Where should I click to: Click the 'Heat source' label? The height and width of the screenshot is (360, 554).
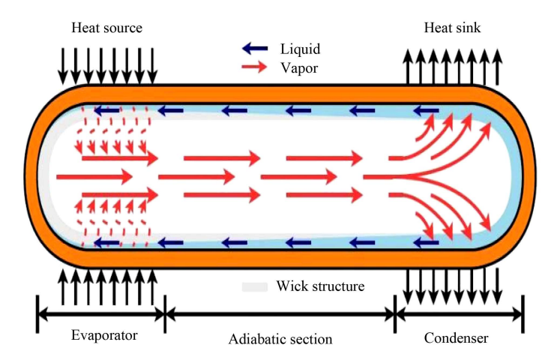click(106, 28)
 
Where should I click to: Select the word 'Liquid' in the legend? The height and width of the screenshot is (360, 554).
click(301, 49)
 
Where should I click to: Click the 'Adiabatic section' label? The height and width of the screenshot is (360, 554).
click(280, 339)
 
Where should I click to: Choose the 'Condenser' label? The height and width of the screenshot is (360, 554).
click(456, 337)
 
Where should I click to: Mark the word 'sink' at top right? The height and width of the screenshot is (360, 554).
click(468, 28)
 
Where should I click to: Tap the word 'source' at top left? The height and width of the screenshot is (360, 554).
click(122, 28)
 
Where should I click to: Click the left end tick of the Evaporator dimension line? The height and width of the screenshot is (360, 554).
click(37, 313)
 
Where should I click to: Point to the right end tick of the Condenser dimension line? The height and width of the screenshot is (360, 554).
click(522, 313)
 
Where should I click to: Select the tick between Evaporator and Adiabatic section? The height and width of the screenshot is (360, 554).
click(164, 313)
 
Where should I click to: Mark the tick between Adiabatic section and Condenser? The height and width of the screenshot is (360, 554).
click(394, 313)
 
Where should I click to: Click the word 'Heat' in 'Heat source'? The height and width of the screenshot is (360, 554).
click(85, 28)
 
